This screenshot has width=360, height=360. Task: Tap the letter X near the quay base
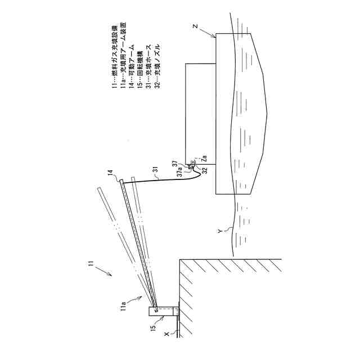[x=165, y=334]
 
